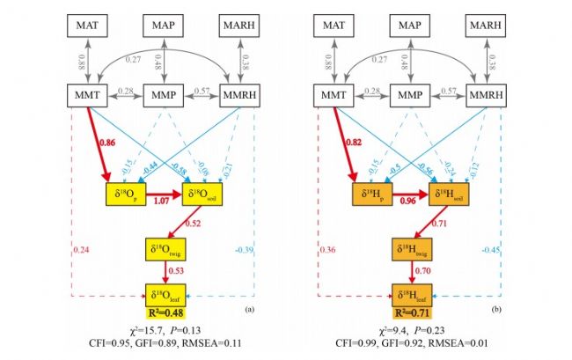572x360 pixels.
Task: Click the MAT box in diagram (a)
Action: [x=89, y=26]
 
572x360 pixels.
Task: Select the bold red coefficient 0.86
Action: [x=109, y=141]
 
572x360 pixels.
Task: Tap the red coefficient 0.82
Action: [x=354, y=141]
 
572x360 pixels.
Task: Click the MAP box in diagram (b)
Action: [x=414, y=26]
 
